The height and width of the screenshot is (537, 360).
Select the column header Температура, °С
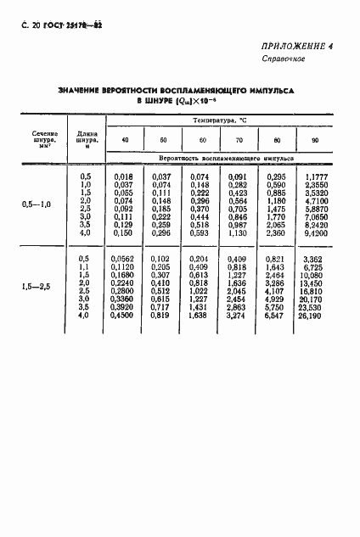[219, 122]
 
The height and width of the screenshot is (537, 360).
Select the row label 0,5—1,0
[41, 204]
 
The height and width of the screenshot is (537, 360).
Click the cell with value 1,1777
[316, 176]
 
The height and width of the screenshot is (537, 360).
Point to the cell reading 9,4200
[316, 232]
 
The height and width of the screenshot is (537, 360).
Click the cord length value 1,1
[84, 268]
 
